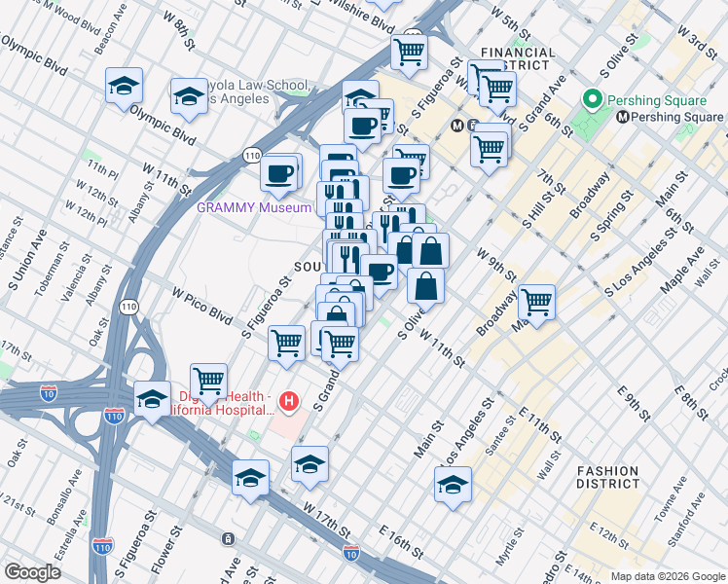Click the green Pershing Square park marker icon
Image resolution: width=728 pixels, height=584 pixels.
590,100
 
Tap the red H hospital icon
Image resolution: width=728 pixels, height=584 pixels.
288,400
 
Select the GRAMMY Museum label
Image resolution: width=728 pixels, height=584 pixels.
254,207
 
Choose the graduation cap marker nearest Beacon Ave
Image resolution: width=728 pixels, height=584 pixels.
124,85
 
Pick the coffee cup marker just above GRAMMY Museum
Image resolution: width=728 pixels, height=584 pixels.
278,173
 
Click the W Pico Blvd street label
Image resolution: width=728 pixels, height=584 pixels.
202,305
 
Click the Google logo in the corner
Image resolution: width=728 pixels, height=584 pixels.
32,572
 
